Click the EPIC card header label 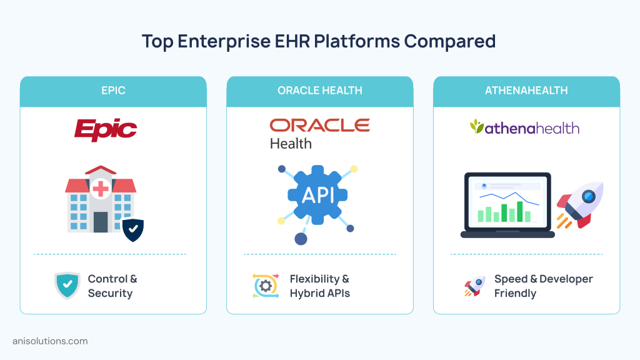113,91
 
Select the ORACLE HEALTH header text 319,91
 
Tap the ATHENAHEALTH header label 526,91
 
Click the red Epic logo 105,129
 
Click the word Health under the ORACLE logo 291,143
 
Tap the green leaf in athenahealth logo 477,127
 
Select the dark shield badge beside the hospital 132,229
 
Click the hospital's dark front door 101,221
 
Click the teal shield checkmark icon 67,286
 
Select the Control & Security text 112,286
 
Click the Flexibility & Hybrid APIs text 319,286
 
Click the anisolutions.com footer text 50,341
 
